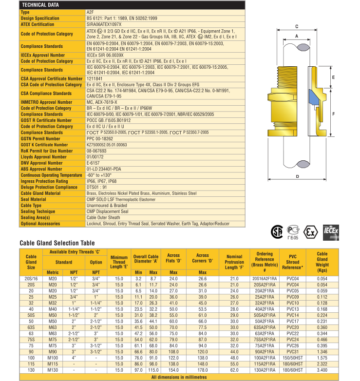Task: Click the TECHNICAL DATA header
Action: [41, 4]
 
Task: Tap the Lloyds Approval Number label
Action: [43, 157]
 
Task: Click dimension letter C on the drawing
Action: [297, 27]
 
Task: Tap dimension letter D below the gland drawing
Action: [297, 177]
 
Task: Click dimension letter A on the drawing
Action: [297, 37]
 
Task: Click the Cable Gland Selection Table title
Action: [57, 243]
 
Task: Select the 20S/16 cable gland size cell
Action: [31, 278]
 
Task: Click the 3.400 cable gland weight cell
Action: [322, 370]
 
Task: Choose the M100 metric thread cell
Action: [53, 358]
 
